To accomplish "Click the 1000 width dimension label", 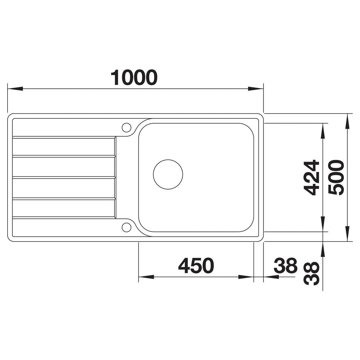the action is (x=134, y=77).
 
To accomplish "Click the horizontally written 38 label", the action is (x=285, y=265).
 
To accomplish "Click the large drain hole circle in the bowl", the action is (x=168, y=174).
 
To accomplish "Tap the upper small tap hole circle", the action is (x=126, y=127).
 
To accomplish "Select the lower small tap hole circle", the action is (x=126, y=227).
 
